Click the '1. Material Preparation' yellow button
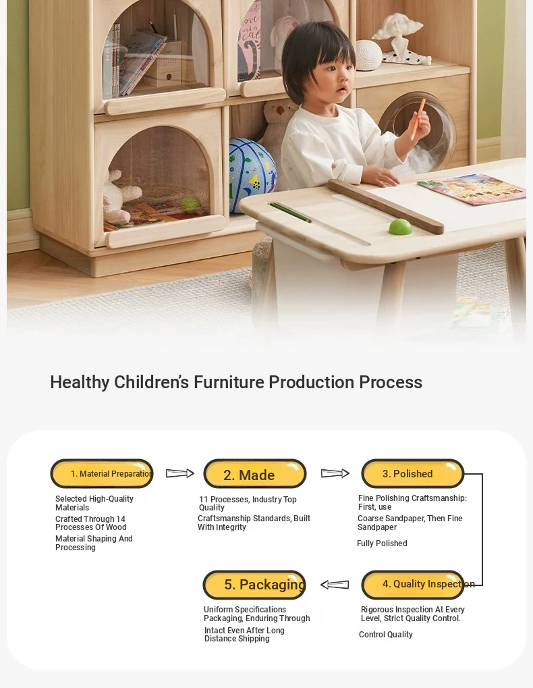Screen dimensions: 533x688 [102, 473]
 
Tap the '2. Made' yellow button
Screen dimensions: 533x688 [254, 473]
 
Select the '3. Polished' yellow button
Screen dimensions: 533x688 [412, 473]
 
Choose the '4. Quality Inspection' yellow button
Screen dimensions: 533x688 [412, 585]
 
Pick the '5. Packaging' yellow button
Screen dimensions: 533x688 [254, 585]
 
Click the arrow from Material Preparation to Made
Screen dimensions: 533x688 [179, 473]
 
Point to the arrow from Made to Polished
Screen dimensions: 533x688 [335, 473]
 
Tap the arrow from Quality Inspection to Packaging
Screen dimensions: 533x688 [335, 585]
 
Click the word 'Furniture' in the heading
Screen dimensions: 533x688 [229, 382]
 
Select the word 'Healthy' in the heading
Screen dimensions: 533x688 [80, 382]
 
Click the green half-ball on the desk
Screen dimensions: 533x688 [401, 226]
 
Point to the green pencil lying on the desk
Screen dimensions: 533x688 [289, 213]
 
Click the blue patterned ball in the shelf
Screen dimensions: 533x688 [252, 175]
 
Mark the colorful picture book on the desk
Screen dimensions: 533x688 [472, 188]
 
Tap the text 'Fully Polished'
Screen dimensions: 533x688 [382, 544]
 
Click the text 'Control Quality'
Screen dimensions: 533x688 [386, 635]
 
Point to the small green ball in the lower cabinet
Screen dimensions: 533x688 [190, 204]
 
